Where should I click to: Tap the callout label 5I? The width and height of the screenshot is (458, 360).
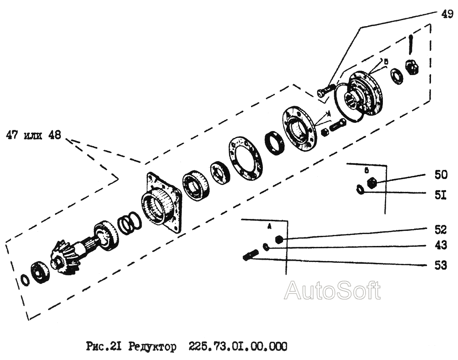coord(441,196)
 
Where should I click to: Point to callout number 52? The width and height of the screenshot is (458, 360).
coord(441,229)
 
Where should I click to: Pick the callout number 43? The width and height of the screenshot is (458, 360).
coord(441,245)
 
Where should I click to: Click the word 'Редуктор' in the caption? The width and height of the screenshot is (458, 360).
coord(152,347)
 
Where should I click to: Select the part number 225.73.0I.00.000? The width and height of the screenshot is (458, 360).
coord(238,347)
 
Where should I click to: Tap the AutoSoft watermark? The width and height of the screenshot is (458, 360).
coord(332,291)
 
